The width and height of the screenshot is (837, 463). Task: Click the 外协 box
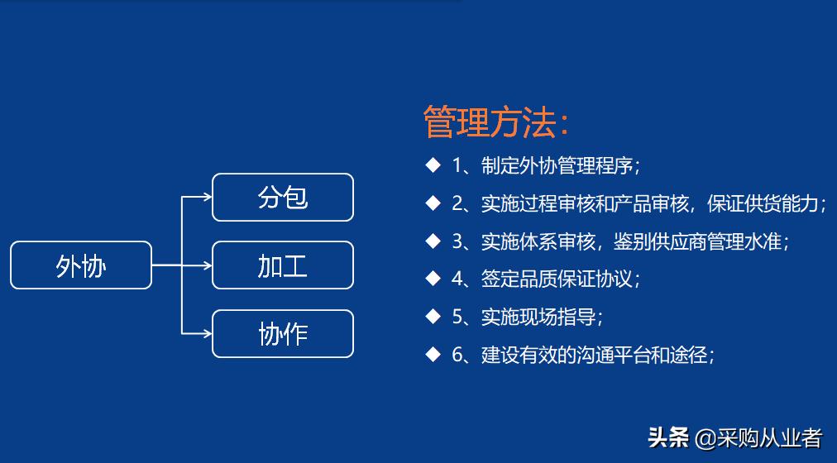(x=81, y=265)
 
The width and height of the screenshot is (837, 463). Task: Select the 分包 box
(x=283, y=198)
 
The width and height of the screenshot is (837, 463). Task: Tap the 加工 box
(x=283, y=265)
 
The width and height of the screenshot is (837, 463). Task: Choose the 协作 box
(x=283, y=334)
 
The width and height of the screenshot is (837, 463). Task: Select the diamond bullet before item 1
(x=433, y=165)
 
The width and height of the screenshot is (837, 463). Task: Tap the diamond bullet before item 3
(x=433, y=241)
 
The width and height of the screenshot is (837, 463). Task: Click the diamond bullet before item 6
(x=433, y=355)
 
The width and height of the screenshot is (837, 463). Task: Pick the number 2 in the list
(x=458, y=203)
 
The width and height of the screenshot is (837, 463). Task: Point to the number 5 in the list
(x=458, y=317)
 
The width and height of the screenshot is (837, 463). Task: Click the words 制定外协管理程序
(x=557, y=165)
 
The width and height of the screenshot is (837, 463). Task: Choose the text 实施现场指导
(x=538, y=317)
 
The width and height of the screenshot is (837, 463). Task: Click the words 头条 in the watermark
(x=668, y=437)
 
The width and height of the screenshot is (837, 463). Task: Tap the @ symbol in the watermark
(x=703, y=437)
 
